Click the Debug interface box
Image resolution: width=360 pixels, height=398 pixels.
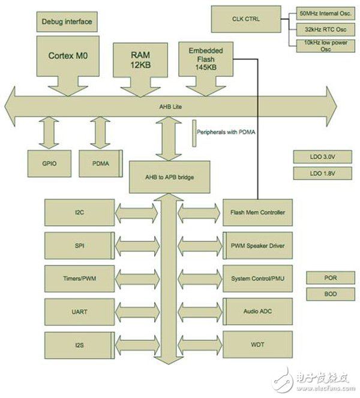pos(67,22)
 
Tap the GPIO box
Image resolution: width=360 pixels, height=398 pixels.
pos(50,163)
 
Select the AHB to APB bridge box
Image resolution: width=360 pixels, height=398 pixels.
pos(170,176)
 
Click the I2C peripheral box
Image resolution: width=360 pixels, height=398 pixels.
pos(79,213)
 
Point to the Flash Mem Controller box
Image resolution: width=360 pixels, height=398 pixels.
pos(257,213)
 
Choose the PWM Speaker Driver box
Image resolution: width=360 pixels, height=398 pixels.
pos(257,246)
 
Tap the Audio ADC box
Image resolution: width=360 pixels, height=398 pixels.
pos(257,312)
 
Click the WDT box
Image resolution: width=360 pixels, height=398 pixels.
pos(257,345)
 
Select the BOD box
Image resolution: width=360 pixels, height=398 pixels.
pos(329,295)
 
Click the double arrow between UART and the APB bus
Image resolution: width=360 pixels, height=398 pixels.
pos(139,312)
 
